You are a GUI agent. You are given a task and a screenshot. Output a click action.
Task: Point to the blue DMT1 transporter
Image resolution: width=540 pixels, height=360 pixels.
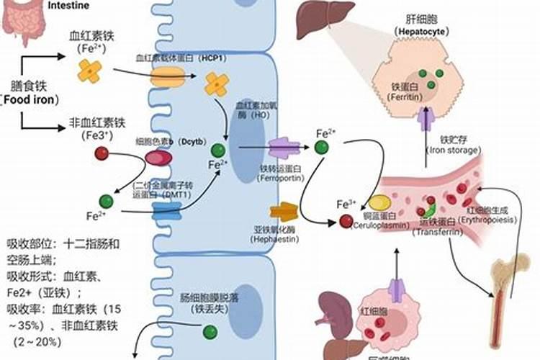pos(167,210)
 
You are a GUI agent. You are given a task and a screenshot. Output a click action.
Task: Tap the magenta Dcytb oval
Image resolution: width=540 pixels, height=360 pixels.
pos(159,158)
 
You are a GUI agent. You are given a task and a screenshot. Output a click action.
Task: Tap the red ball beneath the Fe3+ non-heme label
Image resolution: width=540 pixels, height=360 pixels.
pos(101,153)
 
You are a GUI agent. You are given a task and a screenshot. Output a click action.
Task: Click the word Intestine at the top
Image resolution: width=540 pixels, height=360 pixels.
pos(70,5)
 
